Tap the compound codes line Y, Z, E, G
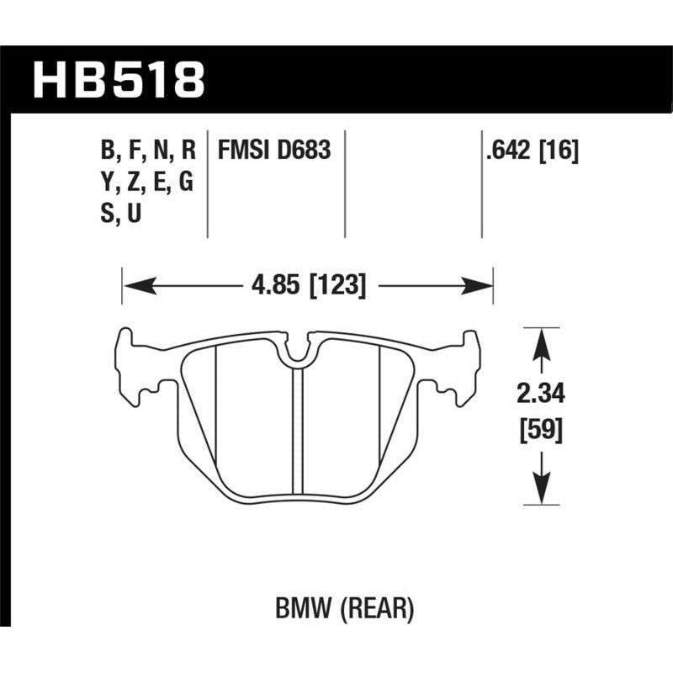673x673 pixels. (146, 183)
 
